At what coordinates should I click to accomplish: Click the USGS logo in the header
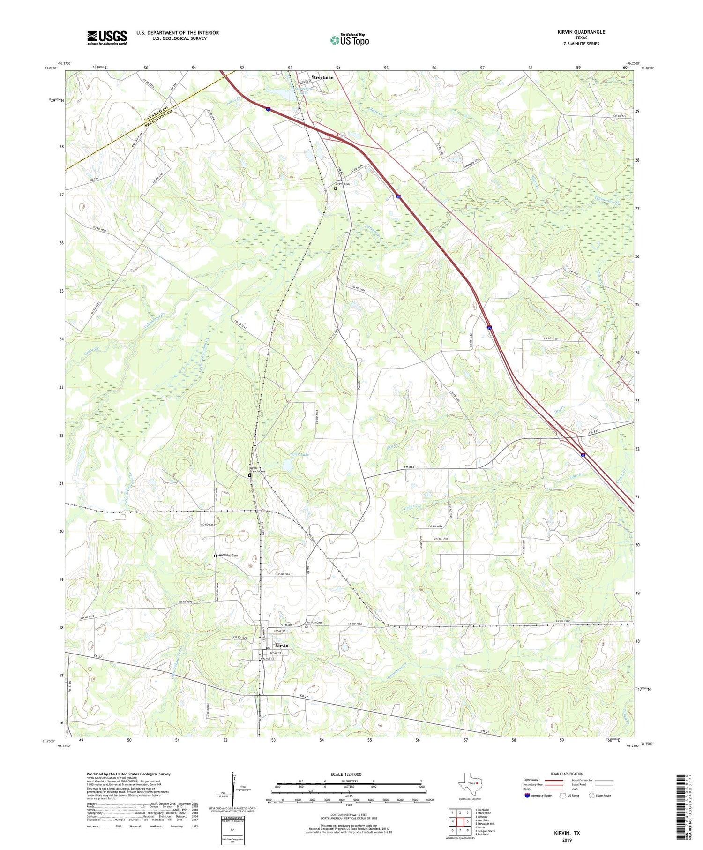107,38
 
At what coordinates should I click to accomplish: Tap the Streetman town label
323,77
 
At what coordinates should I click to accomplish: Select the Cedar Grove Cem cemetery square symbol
336,188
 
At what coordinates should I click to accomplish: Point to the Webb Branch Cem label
257,470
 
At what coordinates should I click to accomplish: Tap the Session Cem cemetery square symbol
307,627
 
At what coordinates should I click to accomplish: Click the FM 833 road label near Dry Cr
409,467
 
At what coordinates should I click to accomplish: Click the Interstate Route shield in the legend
527,795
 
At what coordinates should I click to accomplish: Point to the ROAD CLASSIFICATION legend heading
567,774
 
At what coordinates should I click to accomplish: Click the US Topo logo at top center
349,40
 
